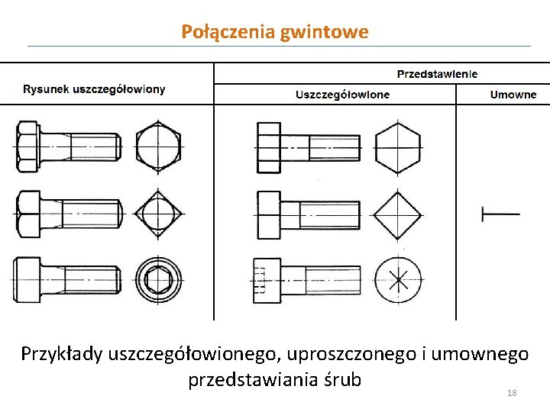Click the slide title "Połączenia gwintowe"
[x=275, y=32]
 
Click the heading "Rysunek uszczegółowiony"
[x=94, y=89]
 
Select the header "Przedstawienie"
[x=437, y=74]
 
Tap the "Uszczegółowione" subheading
[x=342, y=95]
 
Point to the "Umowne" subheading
[x=513, y=95]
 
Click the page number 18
[x=512, y=393]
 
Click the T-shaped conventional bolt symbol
[x=500, y=214]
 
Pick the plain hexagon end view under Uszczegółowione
[x=399, y=146]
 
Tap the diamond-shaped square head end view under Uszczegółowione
[x=400, y=213]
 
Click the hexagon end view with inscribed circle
[x=158, y=146]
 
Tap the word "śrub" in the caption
[x=341, y=379]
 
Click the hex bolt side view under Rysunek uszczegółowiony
[x=67, y=146]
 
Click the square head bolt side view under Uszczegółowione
[x=308, y=214]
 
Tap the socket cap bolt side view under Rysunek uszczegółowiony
[x=66, y=279]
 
